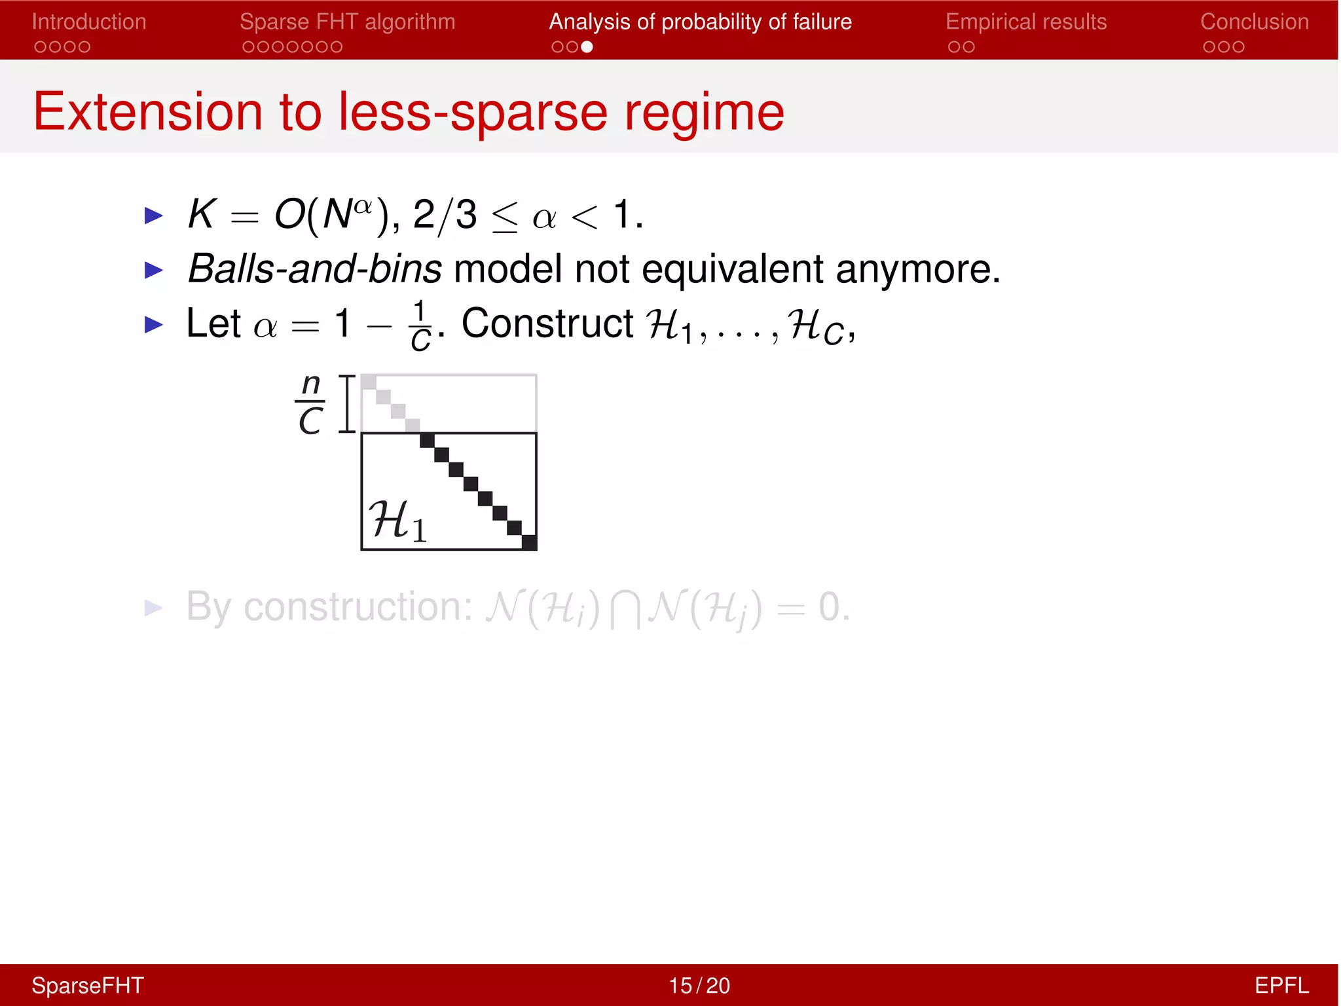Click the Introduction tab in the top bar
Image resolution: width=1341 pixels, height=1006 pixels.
tap(88, 22)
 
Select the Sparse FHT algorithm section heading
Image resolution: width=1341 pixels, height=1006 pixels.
tap(347, 22)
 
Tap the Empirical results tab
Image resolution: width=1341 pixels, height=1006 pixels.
tap(1025, 22)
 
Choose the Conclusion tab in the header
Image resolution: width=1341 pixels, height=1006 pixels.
tap(1254, 22)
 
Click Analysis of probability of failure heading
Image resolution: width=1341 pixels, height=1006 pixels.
tap(700, 22)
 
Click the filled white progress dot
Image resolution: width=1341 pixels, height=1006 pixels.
tap(587, 47)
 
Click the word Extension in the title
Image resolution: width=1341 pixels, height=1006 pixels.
tap(148, 112)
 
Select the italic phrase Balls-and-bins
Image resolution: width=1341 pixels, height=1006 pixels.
tap(314, 269)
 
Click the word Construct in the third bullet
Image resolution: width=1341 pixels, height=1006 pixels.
tap(547, 324)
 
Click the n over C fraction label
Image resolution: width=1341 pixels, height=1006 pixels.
tap(310, 403)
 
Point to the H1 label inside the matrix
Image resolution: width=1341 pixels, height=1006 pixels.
tap(397, 521)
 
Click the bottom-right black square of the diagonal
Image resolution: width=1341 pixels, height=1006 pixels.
tap(529, 542)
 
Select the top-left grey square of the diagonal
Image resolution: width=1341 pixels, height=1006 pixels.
tap(369, 382)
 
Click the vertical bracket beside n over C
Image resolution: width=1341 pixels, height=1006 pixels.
tap(346, 403)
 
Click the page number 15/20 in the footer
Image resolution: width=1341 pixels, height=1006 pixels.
tap(699, 985)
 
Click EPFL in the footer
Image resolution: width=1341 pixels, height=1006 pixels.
tap(1281, 985)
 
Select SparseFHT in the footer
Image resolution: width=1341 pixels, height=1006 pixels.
tap(88, 985)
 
